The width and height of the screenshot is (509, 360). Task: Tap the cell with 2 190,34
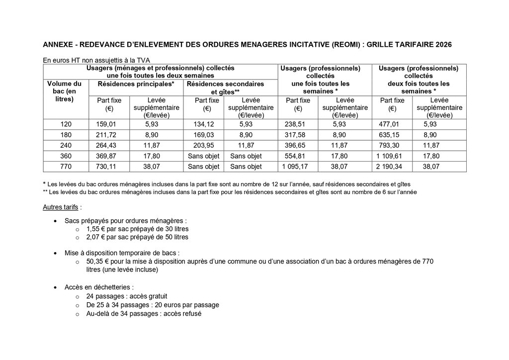click(392, 167)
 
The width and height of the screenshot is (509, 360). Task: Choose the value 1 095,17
click(297, 167)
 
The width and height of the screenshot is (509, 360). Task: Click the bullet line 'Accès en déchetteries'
click(99, 287)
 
